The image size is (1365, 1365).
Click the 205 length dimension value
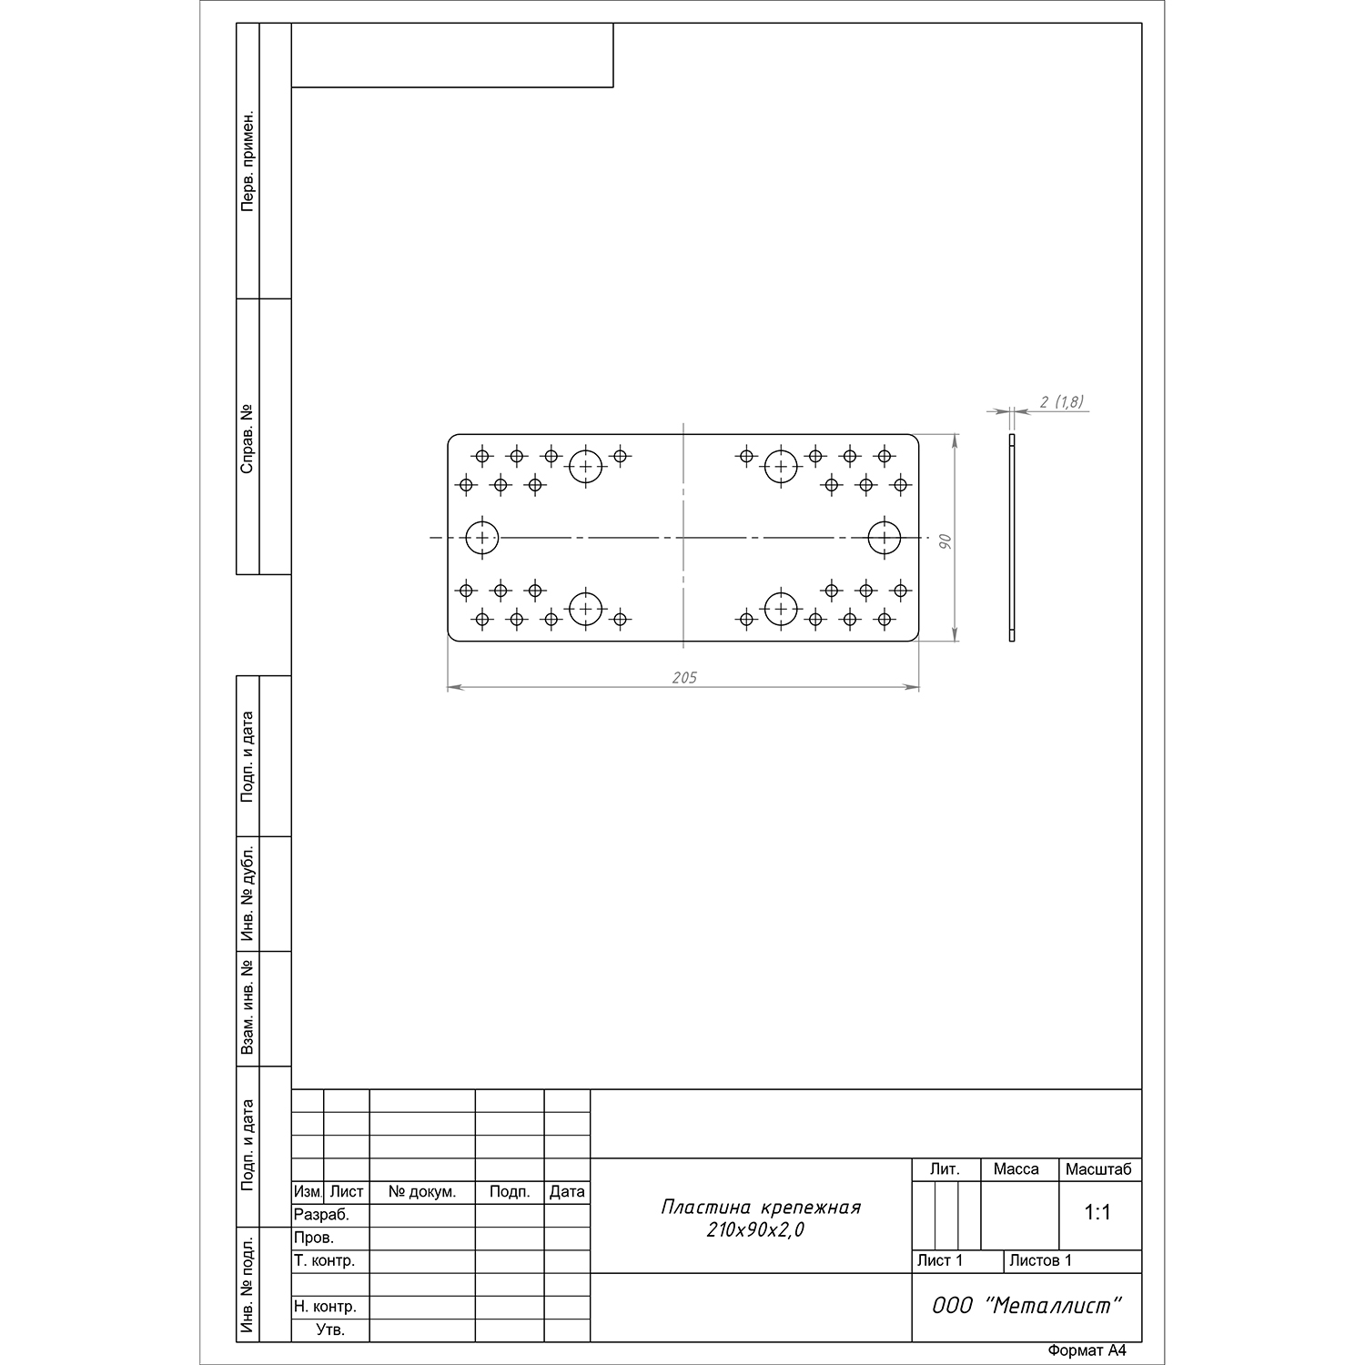(684, 677)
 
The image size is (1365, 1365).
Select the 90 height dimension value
(945, 541)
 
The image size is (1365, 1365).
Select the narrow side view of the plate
(1012, 538)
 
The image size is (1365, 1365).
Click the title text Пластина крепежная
(761, 1208)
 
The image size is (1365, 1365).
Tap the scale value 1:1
(1098, 1212)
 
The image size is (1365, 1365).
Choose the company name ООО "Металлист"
(1026, 1306)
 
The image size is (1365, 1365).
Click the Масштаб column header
(1098, 1169)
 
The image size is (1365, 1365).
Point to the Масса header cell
(1016, 1169)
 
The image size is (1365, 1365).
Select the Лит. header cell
(945, 1169)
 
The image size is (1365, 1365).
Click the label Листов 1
(1041, 1260)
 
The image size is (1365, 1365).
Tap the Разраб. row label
(321, 1215)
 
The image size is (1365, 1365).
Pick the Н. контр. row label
(325, 1307)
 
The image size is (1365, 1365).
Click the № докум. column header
(422, 1192)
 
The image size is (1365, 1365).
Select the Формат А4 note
(1087, 1350)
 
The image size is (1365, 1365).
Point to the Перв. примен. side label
(248, 162)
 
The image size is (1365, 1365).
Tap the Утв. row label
(330, 1330)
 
